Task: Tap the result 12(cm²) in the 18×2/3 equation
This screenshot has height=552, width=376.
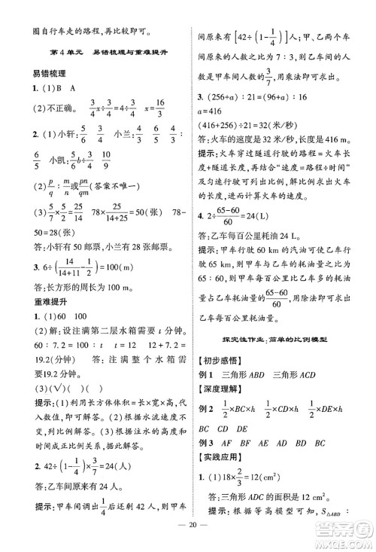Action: coord(260,481)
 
